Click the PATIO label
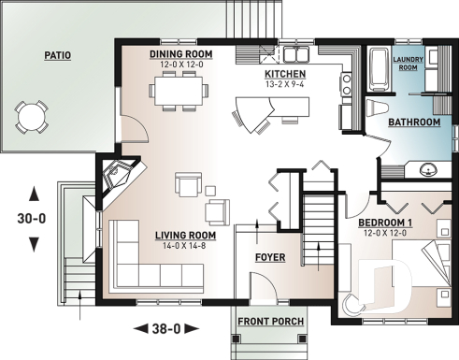(x=57, y=55)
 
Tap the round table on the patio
(x=33, y=117)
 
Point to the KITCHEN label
(x=285, y=73)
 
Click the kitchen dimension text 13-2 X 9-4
(x=285, y=84)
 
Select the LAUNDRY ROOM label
(x=409, y=64)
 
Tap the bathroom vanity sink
(x=426, y=168)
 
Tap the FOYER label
(x=270, y=256)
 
